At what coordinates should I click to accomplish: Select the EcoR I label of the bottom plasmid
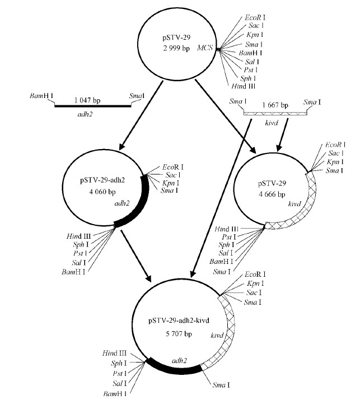(x=255, y=275)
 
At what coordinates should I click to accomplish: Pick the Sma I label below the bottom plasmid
(x=237, y=386)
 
